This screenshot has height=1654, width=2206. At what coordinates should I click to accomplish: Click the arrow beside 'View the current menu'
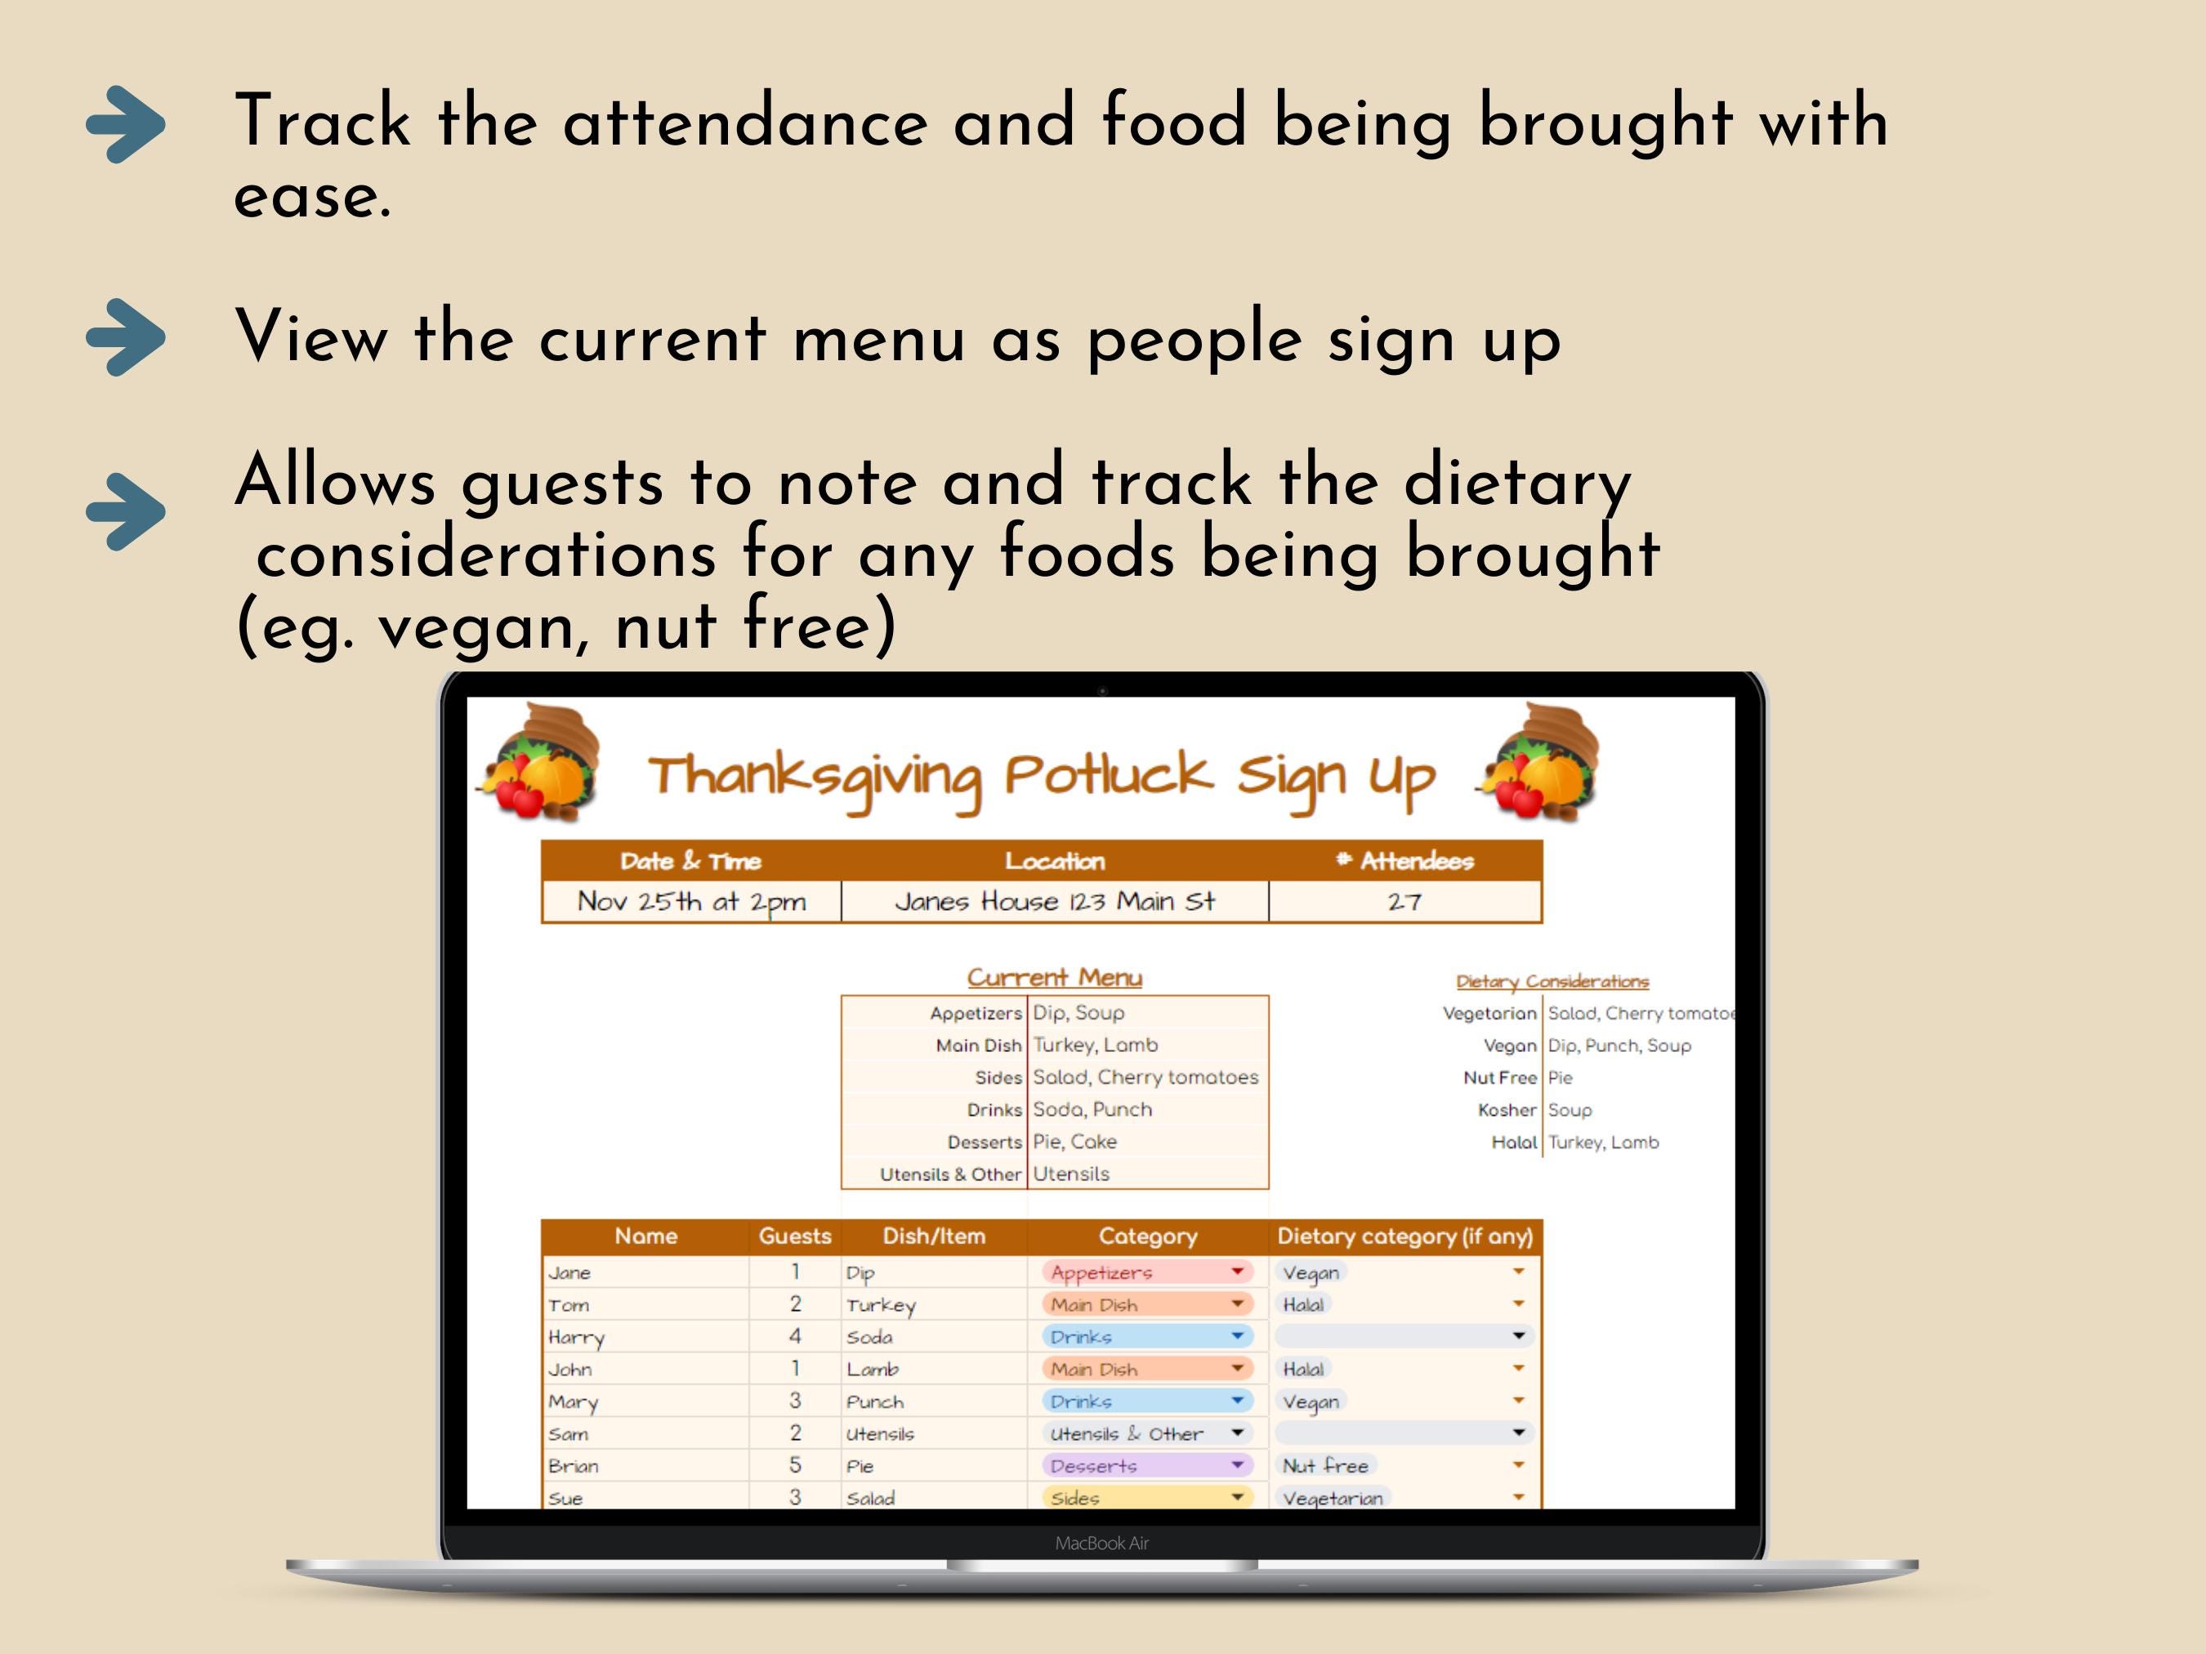126,337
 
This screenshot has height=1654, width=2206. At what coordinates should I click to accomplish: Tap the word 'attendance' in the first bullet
745,122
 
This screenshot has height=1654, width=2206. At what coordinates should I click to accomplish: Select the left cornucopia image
542,763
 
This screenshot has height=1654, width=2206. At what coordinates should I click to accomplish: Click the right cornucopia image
1540,763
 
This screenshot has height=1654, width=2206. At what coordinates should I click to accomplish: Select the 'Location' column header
1054,860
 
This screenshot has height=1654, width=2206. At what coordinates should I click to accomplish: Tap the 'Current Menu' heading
1054,977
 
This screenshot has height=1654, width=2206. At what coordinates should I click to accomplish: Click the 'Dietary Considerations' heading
1552,981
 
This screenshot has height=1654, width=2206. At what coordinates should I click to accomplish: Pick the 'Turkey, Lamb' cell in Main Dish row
1095,1045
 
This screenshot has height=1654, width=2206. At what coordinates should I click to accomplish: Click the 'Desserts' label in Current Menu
985,1142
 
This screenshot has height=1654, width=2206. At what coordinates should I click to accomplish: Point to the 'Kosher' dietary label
1507,1110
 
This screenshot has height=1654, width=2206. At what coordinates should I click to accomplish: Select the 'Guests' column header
794,1237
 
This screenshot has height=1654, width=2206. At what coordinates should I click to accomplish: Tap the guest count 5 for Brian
795,1465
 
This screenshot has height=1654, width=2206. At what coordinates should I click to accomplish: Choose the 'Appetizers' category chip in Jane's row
1101,1273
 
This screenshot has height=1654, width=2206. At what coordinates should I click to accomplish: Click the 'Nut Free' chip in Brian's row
1324,1465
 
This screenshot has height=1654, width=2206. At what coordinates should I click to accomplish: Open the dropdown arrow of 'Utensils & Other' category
1237,1433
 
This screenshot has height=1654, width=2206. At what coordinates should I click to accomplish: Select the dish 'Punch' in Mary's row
874,1402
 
